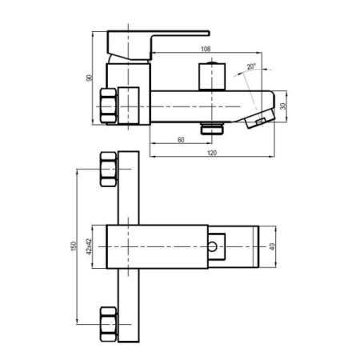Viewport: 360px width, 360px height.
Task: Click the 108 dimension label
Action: coord(206,49)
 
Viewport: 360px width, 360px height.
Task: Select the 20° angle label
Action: coord(251,66)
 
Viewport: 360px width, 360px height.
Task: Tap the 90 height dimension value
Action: coord(90,78)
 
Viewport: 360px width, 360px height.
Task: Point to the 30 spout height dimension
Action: coord(283,106)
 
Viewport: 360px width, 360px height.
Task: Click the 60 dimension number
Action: coord(181,140)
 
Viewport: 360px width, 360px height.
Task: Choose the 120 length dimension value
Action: coord(212,153)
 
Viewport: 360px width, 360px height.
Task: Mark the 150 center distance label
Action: coord(74,246)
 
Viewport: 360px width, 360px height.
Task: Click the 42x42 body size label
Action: coord(89,246)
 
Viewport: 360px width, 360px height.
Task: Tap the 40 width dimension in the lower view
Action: coord(272,246)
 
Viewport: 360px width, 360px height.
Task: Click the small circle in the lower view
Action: coord(213,246)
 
